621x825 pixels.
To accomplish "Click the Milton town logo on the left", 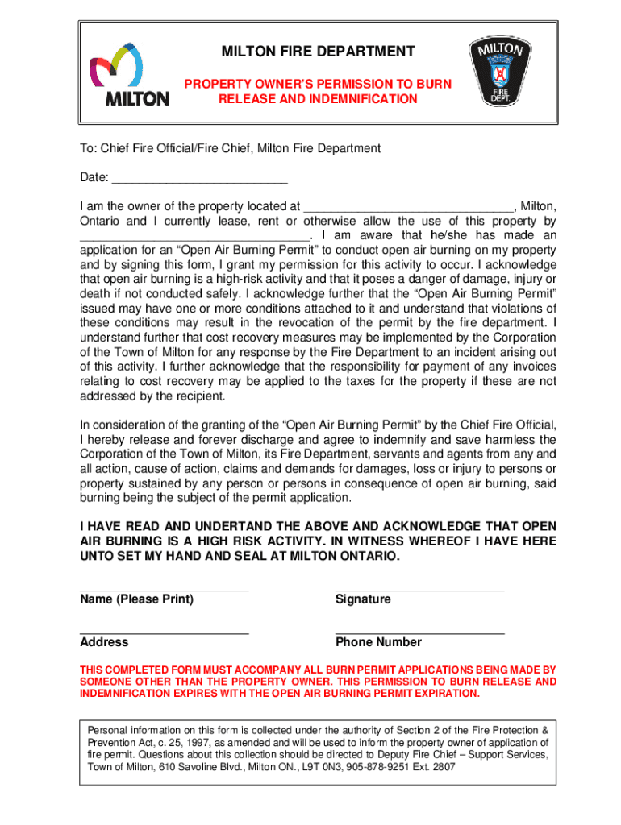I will click(x=129, y=74).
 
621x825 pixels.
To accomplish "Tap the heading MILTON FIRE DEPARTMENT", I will click(x=319, y=52).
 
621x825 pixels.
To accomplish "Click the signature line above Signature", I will click(x=419, y=590).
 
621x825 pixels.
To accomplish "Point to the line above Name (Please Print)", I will click(x=165, y=590).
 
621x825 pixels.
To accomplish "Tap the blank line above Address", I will click(x=165, y=632).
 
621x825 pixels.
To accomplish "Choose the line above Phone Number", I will click(x=419, y=632).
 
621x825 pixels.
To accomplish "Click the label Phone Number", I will click(x=378, y=642).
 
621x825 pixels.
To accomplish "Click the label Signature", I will click(x=363, y=599).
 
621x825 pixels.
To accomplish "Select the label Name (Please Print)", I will click(x=136, y=599).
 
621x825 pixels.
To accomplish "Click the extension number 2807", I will click(x=440, y=767).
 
